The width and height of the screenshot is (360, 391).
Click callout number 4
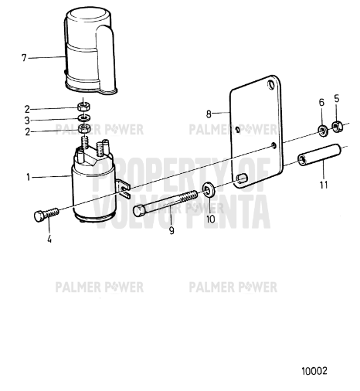coord(49,238)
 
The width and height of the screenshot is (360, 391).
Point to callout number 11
coord(324,185)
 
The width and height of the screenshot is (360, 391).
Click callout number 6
coord(321,101)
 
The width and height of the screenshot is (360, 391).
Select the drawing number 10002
coord(314,371)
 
